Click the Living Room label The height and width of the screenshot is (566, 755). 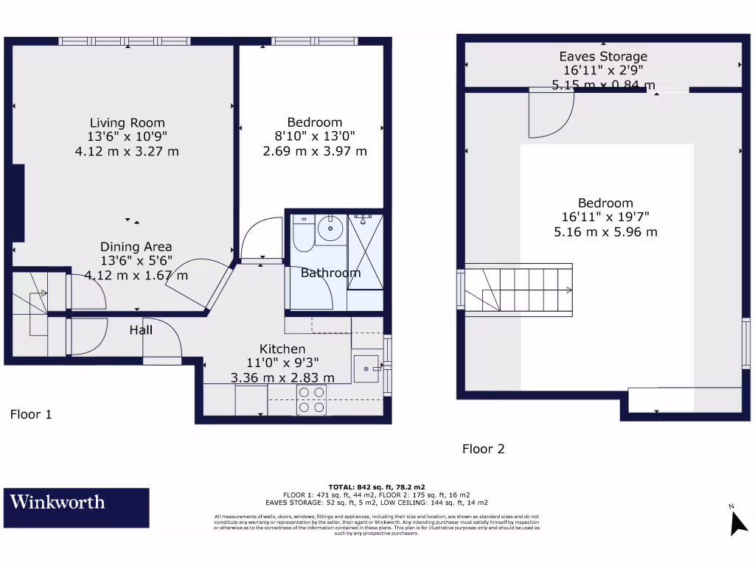point(128,123)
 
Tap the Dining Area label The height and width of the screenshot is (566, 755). point(136,247)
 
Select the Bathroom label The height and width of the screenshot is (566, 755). point(330,273)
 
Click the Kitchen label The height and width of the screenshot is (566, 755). point(282,349)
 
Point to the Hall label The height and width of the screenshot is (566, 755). point(141,330)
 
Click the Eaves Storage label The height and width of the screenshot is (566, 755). point(603,57)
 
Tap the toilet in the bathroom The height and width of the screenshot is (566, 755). point(303,234)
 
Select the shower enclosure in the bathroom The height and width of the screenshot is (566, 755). point(366,251)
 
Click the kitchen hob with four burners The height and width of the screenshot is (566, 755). point(310,399)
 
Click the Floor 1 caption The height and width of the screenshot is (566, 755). point(31,414)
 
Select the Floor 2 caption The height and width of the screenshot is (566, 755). point(483,448)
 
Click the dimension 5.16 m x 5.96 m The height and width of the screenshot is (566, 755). point(605,231)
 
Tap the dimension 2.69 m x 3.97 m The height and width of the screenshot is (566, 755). point(315,151)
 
